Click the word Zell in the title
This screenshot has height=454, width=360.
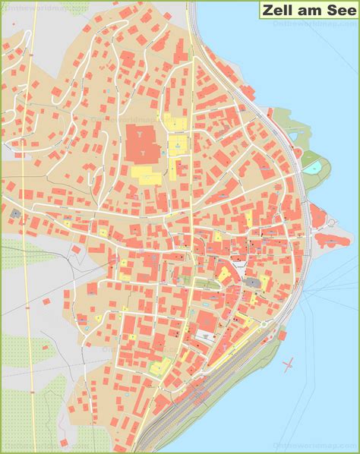(279, 11)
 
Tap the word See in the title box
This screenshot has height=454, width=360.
(339, 11)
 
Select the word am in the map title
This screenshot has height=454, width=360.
(310, 11)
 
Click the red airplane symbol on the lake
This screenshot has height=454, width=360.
(288, 365)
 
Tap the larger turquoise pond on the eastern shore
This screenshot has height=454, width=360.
(312, 166)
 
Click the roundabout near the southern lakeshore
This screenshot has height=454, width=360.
(264, 324)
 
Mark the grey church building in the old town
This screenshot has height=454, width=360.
(251, 282)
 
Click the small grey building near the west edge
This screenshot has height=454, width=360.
(16, 214)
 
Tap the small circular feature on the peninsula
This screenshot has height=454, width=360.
(332, 220)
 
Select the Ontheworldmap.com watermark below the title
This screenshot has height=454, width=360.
(311, 24)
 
